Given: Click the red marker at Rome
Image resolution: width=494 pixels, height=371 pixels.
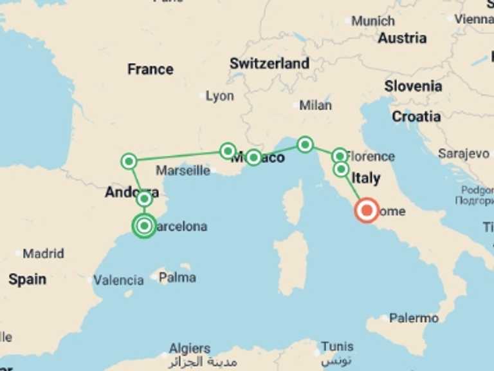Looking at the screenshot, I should (x=367, y=210).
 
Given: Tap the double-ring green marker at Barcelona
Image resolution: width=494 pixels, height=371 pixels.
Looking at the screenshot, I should (x=144, y=225).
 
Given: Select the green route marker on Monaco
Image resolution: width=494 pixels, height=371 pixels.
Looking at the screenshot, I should (x=253, y=157).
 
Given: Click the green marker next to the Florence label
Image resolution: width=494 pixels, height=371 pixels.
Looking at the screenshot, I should (x=340, y=155).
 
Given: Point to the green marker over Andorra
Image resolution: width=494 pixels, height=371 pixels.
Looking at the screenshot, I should (x=144, y=199).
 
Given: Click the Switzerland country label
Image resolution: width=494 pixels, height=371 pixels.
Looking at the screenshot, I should (x=270, y=64).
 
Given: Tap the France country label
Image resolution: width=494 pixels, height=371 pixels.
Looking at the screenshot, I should (x=150, y=69).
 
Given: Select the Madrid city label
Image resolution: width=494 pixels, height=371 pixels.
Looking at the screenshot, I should (x=43, y=253).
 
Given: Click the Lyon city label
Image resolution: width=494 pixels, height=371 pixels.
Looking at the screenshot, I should (x=219, y=96).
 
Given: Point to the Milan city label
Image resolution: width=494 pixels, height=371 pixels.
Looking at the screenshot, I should (x=315, y=105).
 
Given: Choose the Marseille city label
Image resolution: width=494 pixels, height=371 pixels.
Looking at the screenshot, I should (x=183, y=171).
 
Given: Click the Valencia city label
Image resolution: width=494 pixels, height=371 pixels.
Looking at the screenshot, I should (x=118, y=280).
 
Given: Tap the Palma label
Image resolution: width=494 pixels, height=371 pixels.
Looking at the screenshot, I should (x=177, y=278).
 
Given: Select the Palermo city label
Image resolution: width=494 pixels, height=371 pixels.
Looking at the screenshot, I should (x=414, y=318).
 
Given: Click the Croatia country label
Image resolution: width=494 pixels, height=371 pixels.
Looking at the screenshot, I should (x=416, y=117).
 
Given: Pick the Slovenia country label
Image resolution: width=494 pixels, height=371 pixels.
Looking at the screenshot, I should (x=413, y=86).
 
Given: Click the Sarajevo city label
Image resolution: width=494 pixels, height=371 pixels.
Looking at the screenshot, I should (x=463, y=153).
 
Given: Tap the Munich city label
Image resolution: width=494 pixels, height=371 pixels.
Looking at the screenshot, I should (x=373, y=21).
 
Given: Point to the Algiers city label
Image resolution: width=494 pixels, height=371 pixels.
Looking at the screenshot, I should (x=190, y=348).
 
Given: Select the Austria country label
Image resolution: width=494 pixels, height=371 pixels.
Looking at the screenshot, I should (x=402, y=38).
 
